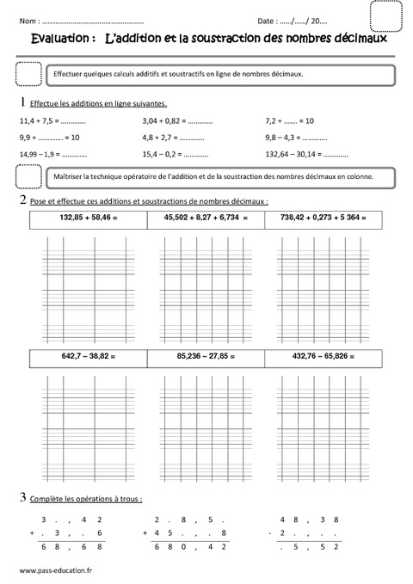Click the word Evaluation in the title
click(x=58, y=39)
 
